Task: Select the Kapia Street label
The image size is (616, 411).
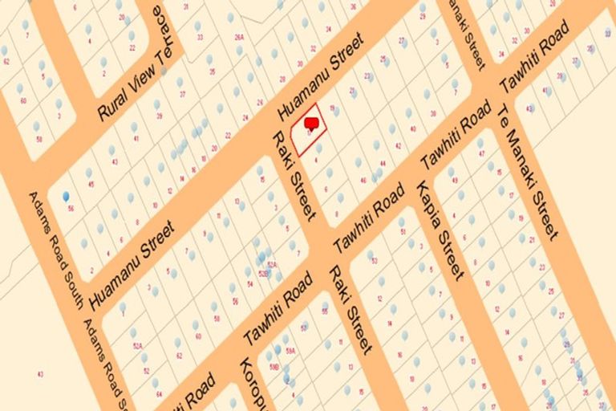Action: (440, 230)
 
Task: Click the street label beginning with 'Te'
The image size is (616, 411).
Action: (526, 172)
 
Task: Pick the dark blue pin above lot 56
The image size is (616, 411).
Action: (66, 195)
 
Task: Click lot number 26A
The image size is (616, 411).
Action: (238, 37)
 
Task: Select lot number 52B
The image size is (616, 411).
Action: (262, 274)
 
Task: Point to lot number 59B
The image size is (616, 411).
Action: (274, 367)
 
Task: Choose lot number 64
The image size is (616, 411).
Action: (159, 394)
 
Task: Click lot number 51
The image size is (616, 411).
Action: (402, 233)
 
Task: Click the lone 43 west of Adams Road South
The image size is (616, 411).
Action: (39, 374)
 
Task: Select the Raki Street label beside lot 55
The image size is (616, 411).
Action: (351, 309)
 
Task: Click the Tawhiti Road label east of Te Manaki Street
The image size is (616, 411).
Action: (533, 56)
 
